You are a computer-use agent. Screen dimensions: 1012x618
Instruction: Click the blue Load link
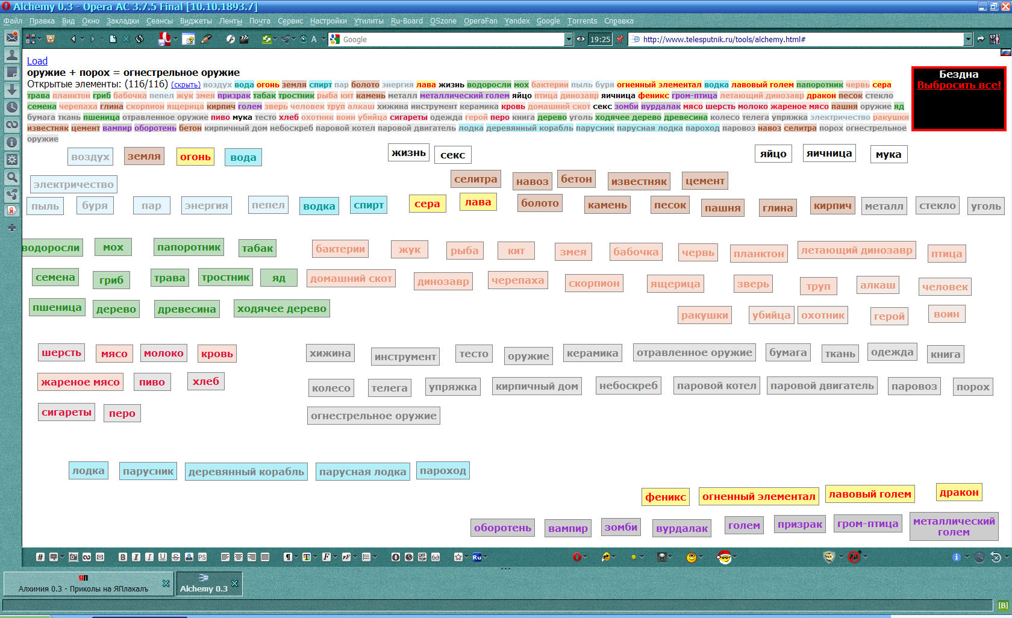coord(37,61)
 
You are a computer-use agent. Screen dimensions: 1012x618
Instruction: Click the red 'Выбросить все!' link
coord(959,85)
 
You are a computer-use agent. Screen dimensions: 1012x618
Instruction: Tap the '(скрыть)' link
coord(186,85)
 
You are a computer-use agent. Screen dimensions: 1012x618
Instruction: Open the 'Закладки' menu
coord(123,20)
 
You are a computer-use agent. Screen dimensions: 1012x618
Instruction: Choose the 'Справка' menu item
coord(619,20)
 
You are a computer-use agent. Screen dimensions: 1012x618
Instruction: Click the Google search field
coord(452,39)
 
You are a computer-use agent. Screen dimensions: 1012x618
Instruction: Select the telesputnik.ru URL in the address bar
coord(724,39)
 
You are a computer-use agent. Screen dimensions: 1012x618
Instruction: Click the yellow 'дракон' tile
coord(959,493)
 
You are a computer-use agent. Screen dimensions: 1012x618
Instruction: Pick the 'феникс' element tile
coord(666,497)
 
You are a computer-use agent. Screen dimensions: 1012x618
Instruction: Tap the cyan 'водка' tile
coord(319,206)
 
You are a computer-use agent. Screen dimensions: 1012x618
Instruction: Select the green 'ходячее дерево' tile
coord(281,308)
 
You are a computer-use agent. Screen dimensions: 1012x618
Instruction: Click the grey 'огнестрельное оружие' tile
coord(373,416)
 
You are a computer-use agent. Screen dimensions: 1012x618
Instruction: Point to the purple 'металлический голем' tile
coord(954,526)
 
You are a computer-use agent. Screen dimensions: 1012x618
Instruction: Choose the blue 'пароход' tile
coord(443,471)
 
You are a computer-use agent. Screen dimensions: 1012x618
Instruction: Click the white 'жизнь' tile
coord(408,153)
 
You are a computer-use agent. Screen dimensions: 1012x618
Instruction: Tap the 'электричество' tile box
coord(73,184)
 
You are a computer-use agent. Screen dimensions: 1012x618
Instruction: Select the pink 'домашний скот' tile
coord(351,278)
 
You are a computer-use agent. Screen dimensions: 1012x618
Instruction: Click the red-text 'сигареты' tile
coord(66,412)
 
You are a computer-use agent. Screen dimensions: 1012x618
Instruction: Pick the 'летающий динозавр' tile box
coord(857,250)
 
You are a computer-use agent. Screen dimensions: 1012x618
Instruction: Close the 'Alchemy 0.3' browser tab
coord(234,583)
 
